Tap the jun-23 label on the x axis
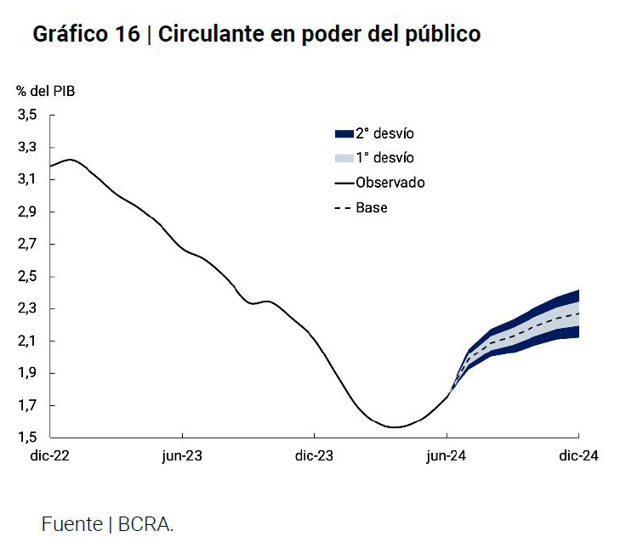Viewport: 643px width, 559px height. tap(182, 456)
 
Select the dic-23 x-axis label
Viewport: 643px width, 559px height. tap(314, 456)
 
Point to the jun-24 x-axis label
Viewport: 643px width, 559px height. tap(447, 456)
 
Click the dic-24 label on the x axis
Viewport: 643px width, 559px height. tap(578, 456)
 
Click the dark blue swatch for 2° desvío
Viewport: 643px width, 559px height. tap(344, 133)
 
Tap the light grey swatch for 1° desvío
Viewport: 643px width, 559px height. tap(344, 158)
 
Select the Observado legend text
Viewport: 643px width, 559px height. tap(390, 183)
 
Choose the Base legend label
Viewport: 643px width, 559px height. tap(372, 207)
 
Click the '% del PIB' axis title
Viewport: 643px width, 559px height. tap(44, 90)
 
